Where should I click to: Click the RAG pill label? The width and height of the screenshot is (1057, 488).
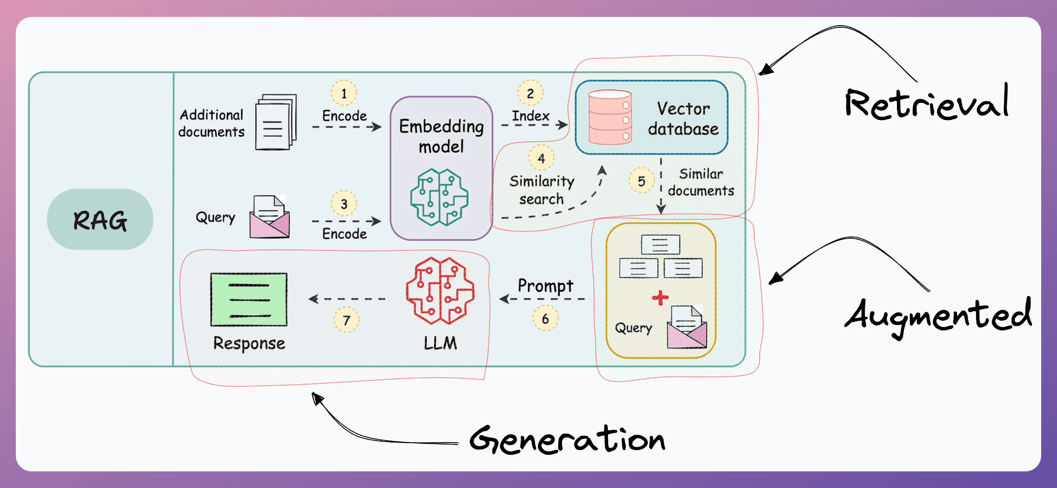100,220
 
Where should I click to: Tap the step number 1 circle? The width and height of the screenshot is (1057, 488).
344,93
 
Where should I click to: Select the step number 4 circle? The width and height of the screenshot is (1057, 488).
541,158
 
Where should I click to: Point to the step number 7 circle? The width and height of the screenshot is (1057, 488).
346,320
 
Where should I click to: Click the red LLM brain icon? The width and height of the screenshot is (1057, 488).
440,291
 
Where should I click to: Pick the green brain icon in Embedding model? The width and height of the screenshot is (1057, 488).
439,197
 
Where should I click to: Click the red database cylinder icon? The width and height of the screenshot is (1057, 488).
610,117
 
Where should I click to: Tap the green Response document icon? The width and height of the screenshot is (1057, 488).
249,300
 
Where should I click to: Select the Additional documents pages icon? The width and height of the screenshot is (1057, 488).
276,122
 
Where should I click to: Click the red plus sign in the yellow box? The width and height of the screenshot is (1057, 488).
660,297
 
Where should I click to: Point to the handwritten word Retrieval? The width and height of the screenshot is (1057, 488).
927,103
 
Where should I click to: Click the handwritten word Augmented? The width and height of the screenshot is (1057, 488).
938,316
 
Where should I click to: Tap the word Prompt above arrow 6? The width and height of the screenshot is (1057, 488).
545,285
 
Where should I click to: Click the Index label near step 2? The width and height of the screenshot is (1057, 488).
530,116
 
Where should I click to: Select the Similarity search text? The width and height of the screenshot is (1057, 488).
542,190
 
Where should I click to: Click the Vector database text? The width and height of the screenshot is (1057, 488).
684,119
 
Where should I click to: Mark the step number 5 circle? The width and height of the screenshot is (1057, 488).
641,181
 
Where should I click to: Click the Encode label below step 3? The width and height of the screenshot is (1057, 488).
344,234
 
